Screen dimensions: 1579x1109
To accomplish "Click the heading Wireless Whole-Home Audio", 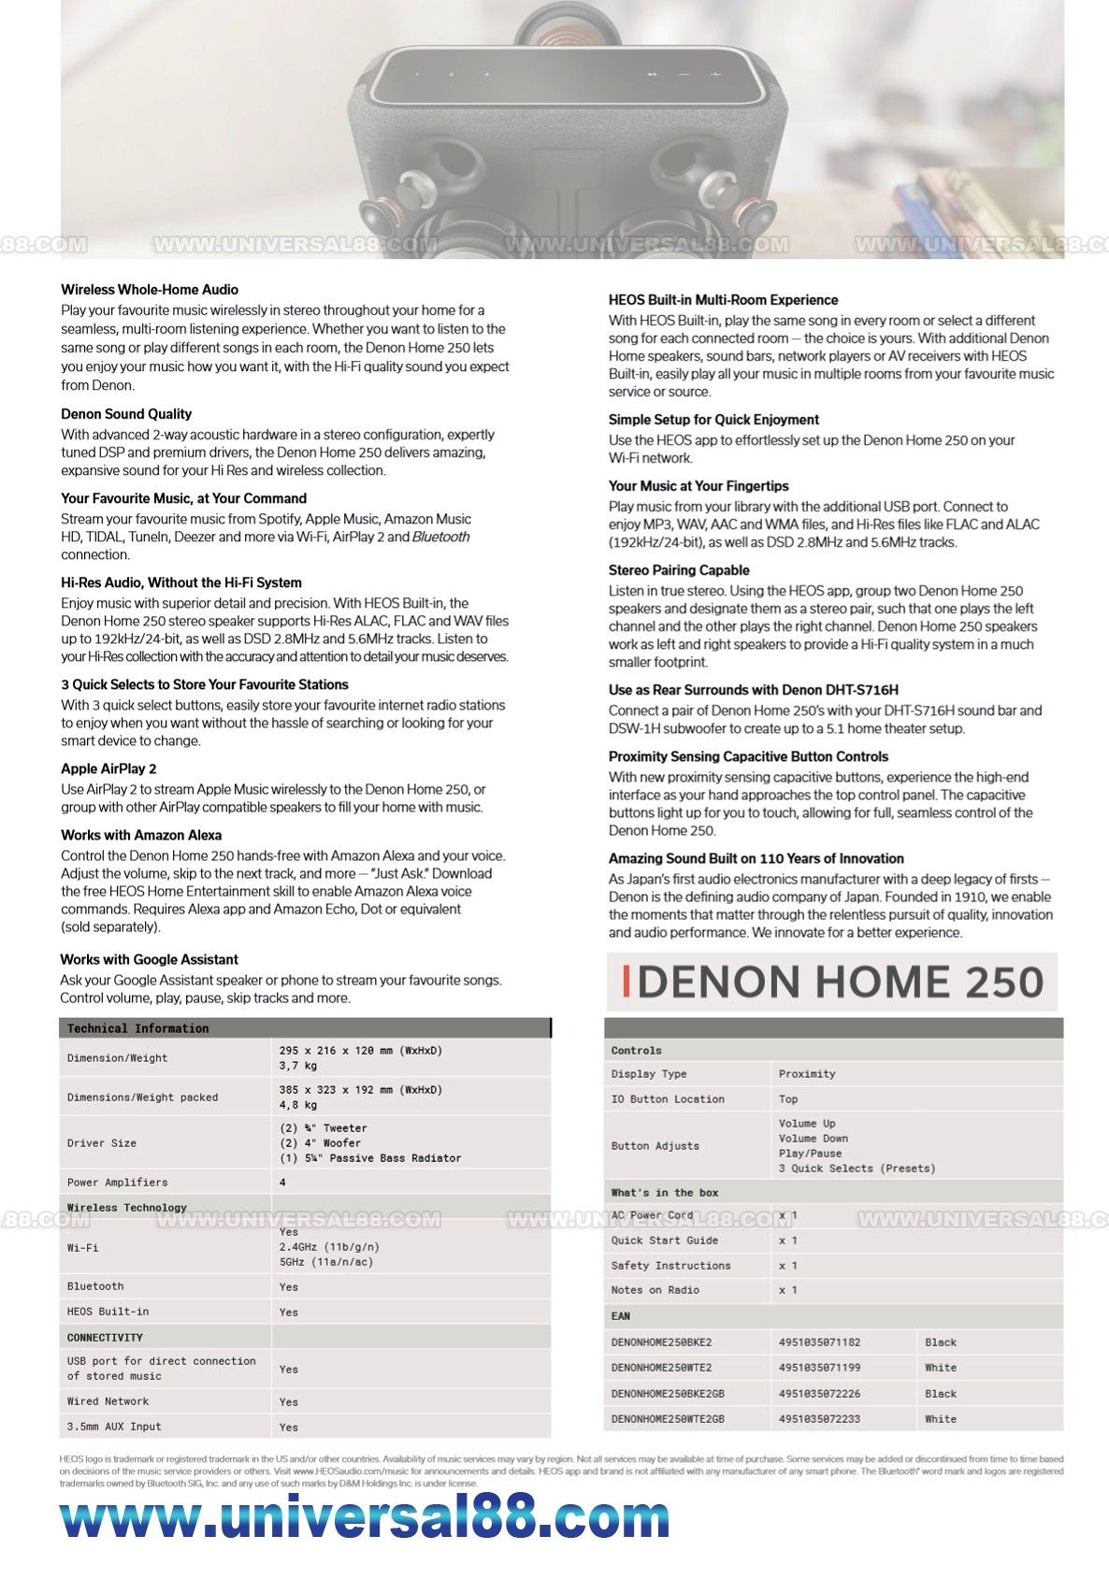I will [150, 290].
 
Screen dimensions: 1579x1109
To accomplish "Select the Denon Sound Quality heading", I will [126, 414].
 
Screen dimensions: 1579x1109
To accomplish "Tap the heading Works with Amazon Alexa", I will [141, 836].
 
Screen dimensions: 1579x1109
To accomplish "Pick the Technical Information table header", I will [138, 1028].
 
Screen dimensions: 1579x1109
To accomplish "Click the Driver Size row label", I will [102, 1143].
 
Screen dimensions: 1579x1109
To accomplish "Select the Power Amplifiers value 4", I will [282, 1183].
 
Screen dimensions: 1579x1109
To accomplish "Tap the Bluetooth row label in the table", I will [95, 1286].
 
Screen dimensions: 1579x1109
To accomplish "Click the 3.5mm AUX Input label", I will [114, 1427].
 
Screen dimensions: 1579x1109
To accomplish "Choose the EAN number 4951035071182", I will [819, 1342].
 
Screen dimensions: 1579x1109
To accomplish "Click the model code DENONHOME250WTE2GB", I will [668, 1419].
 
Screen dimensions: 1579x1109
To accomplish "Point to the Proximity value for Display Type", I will [807, 1074].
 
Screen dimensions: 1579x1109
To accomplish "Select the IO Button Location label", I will [668, 1099].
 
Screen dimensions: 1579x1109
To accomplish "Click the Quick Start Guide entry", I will [665, 1241].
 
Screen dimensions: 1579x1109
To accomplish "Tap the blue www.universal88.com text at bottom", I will [365, 1518].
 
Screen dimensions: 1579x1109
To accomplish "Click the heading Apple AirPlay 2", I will [108, 769].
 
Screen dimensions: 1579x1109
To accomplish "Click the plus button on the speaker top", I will [715, 74].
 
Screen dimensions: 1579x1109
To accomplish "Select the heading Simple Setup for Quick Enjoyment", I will [713, 420].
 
